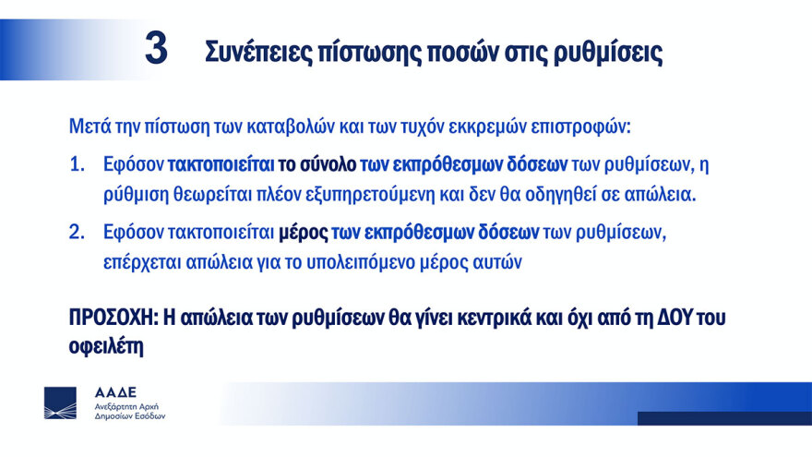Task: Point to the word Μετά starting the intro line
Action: (x=88, y=125)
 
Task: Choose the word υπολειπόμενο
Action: (x=382, y=262)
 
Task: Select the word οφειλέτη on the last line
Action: (x=106, y=348)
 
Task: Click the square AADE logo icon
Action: (x=61, y=403)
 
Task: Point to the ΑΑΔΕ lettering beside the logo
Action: (x=113, y=392)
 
